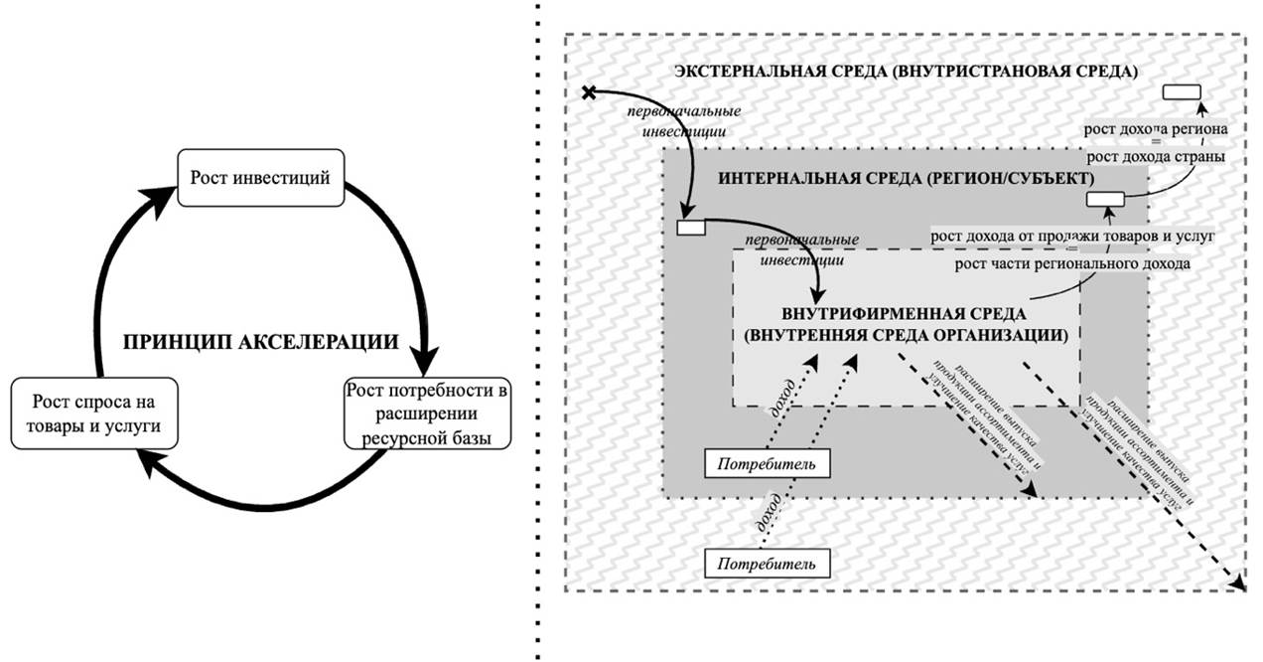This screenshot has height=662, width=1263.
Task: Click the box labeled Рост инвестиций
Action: [x=260, y=178]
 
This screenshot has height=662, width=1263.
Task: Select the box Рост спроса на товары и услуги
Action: [x=93, y=414]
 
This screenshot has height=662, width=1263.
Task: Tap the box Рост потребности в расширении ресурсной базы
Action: [x=427, y=413]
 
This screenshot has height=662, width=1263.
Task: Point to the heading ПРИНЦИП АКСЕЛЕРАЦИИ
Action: [x=261, y=342]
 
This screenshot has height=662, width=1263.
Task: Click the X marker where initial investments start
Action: [x=588, y=92]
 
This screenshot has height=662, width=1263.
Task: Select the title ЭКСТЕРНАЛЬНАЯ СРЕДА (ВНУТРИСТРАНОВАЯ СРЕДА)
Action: [x=906, y=72]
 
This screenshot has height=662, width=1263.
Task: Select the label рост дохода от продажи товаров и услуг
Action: [x=1071, y=236]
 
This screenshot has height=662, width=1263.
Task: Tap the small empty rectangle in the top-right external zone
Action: [x=1182, y=91]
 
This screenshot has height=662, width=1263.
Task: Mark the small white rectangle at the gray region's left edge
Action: [x=691, y=228]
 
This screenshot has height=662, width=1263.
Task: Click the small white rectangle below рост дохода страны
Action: [x=1104, y=200]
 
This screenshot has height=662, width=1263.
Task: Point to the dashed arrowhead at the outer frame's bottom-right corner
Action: [x=1238, y=583]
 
